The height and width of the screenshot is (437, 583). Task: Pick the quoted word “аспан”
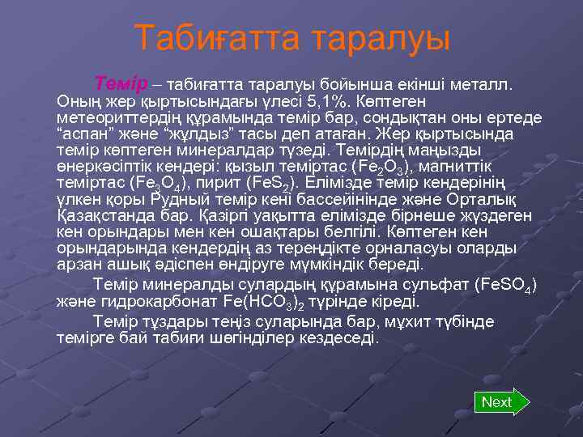(x=85, y=134)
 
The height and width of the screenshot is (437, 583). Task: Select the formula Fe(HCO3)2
(x=263, y=302)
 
